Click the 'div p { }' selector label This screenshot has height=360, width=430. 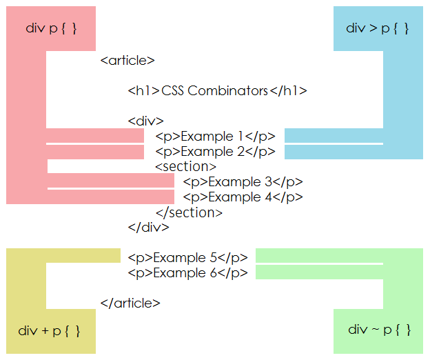tap(50, 28)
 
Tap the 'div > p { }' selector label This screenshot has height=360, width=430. tap(378, 28)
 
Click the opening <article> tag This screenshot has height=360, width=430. tap(127, 61)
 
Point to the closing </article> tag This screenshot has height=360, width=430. tap(130, 303)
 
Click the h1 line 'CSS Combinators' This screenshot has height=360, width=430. tap(217, 91)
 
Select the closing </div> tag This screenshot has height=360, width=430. tap(148, 227)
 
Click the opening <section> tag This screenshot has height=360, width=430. tap(185, 167)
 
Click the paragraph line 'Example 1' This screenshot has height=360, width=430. tap(215, 137)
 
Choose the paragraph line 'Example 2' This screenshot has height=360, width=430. tap(215, 152)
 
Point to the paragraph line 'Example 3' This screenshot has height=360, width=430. tap(243, 182)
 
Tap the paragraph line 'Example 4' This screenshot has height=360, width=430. tap(243, 197)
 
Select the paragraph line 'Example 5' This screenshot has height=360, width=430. tap(187, 258)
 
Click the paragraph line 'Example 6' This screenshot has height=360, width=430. tap(187, 273)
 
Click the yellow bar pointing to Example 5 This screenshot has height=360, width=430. tap(83, 256)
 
